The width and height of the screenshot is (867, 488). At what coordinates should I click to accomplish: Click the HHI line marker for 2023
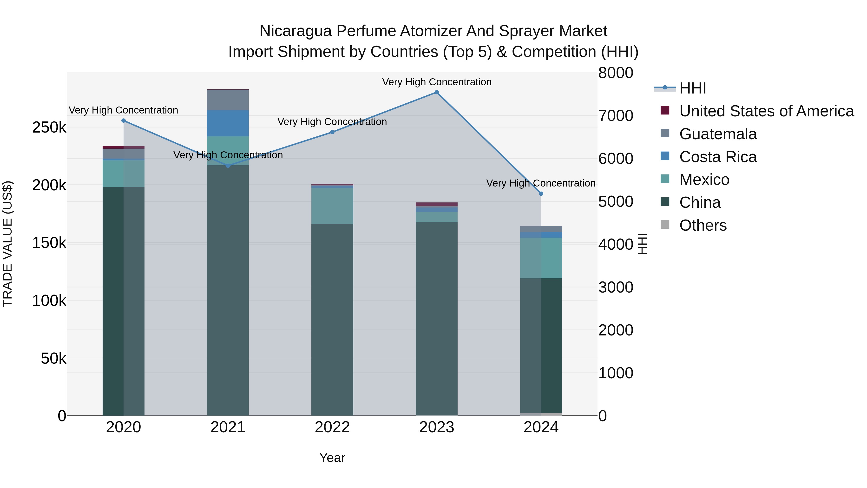437,92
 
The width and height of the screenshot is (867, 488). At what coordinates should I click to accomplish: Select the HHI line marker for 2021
228,166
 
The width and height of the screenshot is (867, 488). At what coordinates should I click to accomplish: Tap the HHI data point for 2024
541,194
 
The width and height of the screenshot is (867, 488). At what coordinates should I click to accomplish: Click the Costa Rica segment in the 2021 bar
228,123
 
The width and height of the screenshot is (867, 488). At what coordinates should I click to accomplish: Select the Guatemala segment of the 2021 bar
228,100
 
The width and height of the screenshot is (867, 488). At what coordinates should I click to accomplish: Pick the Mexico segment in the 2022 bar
332,206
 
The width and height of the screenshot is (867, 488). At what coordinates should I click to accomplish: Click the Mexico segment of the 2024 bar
541,258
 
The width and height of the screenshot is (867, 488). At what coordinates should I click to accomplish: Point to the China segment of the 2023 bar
437,318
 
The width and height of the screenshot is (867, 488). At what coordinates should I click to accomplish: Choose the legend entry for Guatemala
718,134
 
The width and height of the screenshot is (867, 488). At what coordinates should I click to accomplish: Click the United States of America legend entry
766,111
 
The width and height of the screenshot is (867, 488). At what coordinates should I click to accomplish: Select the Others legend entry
703,225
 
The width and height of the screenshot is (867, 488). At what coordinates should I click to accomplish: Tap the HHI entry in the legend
692,88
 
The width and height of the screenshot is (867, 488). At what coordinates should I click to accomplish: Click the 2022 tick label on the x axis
332,427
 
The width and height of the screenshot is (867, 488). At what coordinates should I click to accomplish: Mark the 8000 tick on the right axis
616,73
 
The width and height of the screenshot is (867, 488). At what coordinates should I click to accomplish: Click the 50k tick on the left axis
53,358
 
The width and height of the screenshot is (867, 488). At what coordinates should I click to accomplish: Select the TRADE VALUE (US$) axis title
7,244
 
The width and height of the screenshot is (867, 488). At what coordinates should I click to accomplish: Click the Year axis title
332,458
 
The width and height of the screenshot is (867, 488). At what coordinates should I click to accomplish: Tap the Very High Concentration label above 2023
437,82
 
